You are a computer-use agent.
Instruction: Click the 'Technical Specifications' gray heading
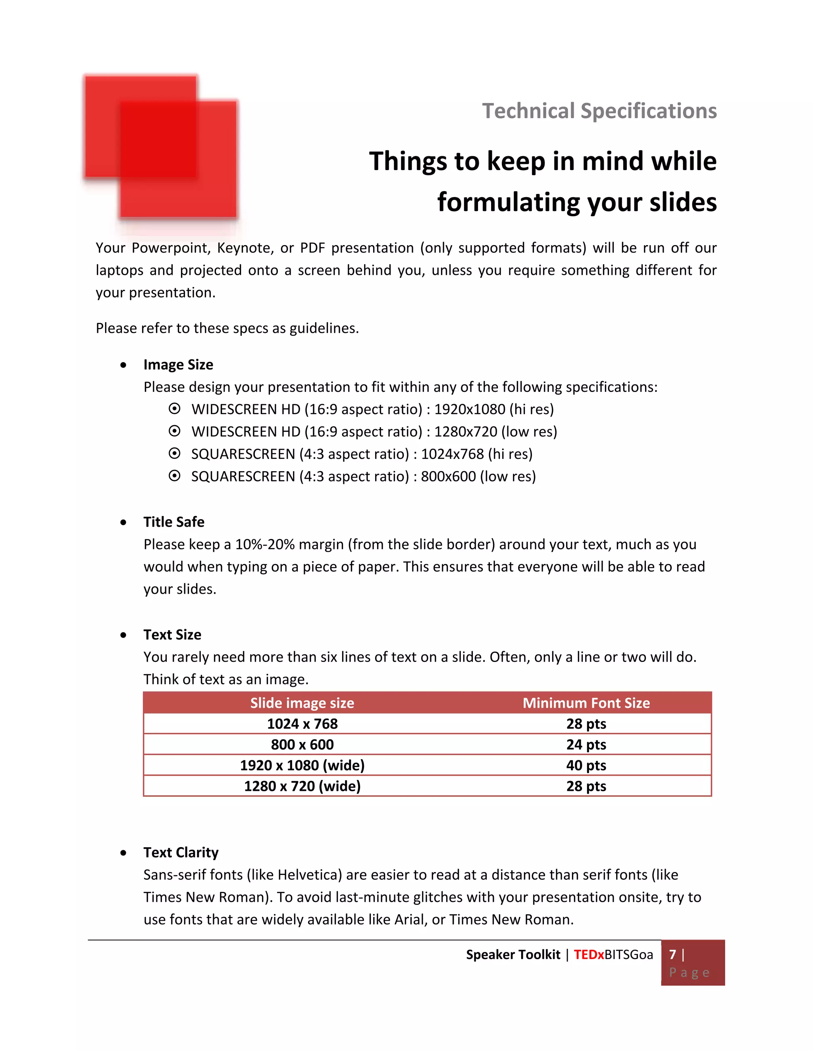(x=599, y=111)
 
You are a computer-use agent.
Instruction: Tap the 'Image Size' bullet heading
(x=178, y=365)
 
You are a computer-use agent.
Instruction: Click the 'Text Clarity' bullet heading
(x=181, y=852)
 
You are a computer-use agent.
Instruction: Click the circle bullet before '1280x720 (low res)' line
(x=174, y=431)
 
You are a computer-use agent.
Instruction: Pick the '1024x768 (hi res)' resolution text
(x=476, y=454)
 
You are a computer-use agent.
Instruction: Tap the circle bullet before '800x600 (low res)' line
(x=174, y=476)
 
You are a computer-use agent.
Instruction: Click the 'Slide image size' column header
(x=302, y=703)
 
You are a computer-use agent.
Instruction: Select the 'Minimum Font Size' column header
(x=586, y=703)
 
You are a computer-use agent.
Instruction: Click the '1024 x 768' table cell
(x=302, y=724)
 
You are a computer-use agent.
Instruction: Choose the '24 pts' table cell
(x=586, y=744)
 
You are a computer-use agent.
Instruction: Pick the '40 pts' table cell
(x=586, y=765)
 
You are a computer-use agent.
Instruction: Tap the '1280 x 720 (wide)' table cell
(x=302, y=786)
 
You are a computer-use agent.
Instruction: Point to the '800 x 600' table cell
(x=302, y=744)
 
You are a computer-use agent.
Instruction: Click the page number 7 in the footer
(x=673, y=954)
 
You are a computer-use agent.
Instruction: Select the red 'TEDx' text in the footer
(x=589, y=955)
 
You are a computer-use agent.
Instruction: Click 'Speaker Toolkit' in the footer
(x=513, y=955)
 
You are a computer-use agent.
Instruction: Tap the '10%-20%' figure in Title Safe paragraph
(x=264, y=544)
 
